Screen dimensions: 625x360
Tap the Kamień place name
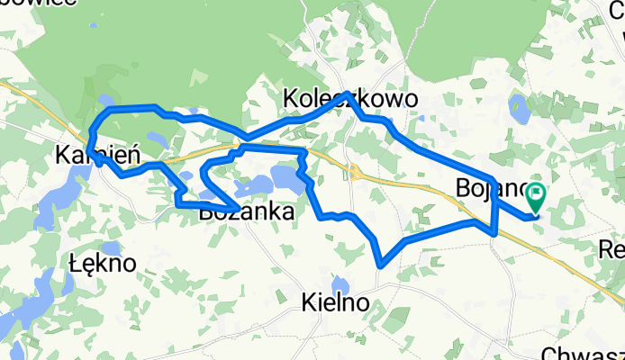tap(98, 154)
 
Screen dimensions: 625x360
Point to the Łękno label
tap(102, 264)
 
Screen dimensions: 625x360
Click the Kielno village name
tap(335, 303)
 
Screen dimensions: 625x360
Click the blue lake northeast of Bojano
tap(520, 109)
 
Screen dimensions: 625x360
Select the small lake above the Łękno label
tap(111, 247)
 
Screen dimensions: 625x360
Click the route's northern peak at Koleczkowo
tap(348, 94)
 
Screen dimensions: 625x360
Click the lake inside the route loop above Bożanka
tap(286, 176)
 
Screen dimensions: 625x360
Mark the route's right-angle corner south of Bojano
tap(494, 234)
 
